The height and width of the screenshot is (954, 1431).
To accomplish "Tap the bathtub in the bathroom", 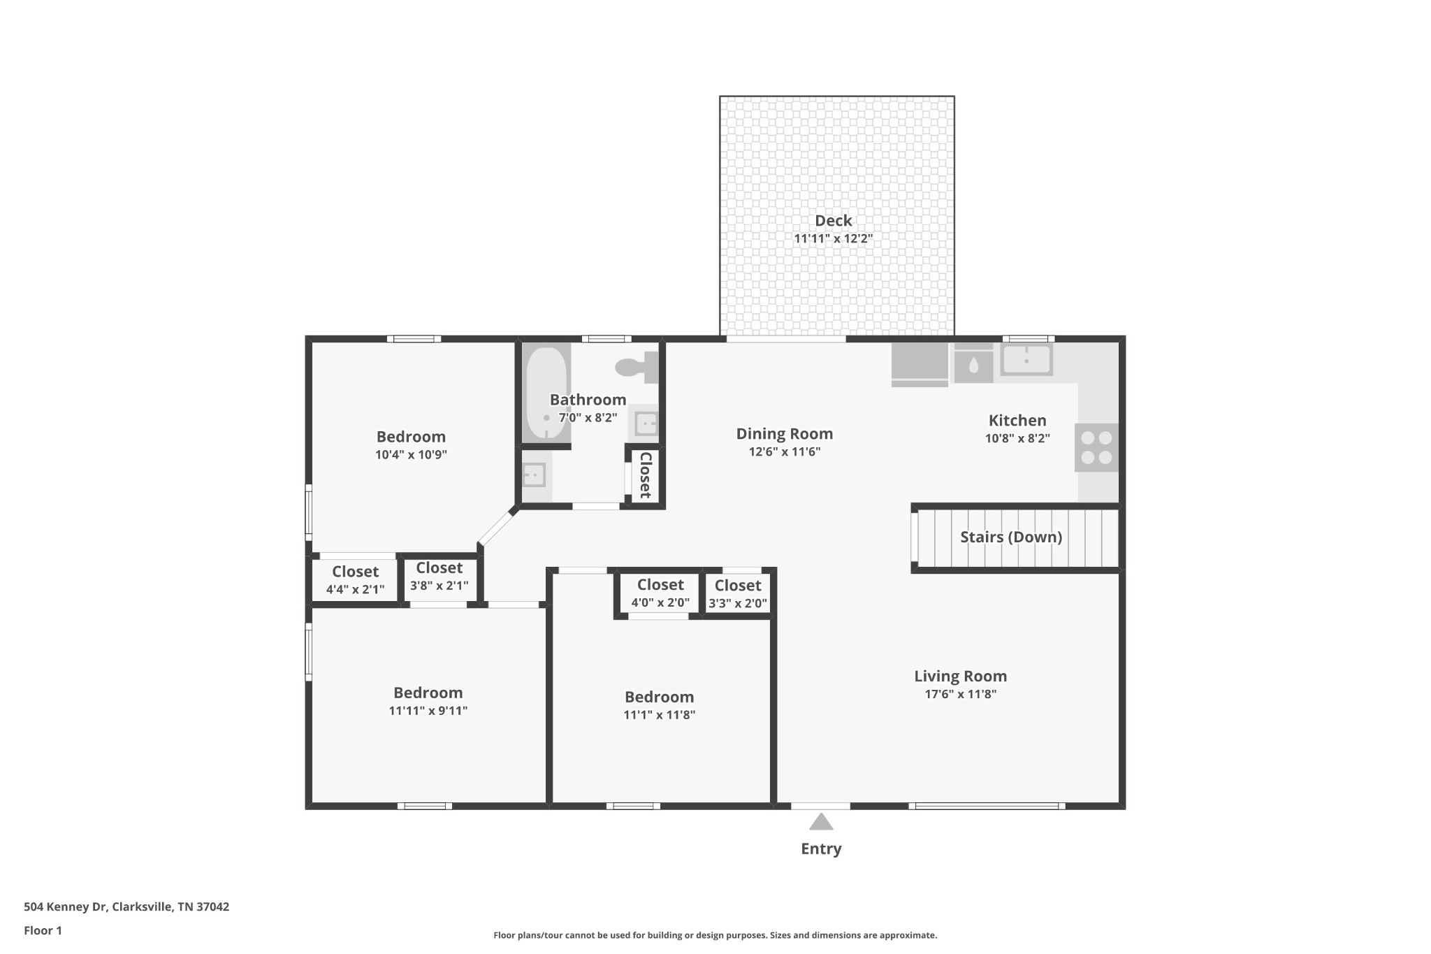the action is [x=546, y=393].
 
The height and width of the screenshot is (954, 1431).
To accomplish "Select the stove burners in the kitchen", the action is [x=1096, y=448].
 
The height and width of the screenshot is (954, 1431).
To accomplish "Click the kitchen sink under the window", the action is [x=1026, y=360].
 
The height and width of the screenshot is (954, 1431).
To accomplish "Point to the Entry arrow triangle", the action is [x=821, y=821].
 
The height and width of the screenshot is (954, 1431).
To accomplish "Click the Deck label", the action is [x=834, y=221].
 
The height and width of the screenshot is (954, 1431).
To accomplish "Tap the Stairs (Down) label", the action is [x=1011, y=537].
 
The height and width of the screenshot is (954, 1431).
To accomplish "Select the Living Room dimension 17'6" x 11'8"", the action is [x=961, y=694].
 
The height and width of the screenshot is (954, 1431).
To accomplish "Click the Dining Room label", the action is [x=785, y=434].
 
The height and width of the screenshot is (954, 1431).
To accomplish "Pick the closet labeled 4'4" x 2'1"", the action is [x=355, y=580].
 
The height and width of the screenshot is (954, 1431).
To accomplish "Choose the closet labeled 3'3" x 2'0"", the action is [x=738, y=594].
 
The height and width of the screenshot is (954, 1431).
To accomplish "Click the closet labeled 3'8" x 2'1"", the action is [x=440, y=577].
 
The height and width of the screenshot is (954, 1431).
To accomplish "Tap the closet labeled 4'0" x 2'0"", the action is [x=660, y=593].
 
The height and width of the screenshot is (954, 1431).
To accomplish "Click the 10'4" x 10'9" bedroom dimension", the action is [x=411, y=455].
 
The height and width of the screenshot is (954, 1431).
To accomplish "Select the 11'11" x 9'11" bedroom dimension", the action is [x=428, y=711].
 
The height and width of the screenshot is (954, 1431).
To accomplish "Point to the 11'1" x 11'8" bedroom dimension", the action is [x=660, y=715].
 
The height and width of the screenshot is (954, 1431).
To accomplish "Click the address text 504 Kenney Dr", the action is [x=65, y=907].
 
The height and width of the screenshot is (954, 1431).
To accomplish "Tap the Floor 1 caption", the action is [x=43, y=931].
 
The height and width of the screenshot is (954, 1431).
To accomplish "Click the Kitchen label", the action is [x=1017, y=421].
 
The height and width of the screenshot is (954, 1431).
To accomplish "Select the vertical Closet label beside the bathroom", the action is [x=646, y=475].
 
